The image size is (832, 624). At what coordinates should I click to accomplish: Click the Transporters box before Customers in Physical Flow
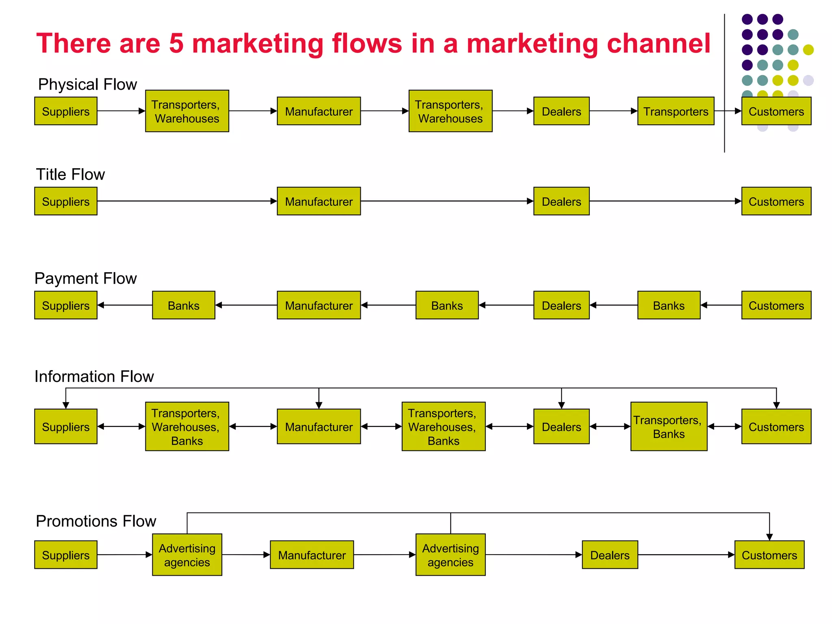[676, 111]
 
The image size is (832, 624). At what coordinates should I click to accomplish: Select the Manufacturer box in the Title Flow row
[318, 201]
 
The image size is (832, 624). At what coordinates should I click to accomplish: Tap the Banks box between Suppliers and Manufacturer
[184, 305]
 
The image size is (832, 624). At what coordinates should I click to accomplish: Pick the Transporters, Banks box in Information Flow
[669, 427]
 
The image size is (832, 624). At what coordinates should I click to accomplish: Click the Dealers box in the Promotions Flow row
[610, 555]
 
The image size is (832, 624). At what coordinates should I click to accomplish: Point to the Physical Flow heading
[87, 84]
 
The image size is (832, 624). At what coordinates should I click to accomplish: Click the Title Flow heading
[70, 174]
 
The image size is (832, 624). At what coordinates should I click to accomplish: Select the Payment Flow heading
[85, 278]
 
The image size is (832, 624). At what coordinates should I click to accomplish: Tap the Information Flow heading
[94, 377]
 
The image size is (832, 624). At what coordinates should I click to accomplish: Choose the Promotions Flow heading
[96, 521]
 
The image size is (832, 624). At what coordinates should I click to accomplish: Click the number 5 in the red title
[176, 43]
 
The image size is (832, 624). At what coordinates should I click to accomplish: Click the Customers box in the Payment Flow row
[776, 305]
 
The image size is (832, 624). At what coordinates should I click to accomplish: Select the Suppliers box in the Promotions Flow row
[66, 555]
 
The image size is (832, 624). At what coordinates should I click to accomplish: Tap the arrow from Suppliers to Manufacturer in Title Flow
[187, 201]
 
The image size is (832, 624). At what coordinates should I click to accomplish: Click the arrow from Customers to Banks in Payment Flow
[721, 305]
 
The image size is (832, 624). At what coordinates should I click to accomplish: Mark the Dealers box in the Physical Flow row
[561, 111]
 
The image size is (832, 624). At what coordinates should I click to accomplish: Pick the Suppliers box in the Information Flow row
[66, 427]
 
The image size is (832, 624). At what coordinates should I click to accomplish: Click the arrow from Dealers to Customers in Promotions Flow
[686, 555]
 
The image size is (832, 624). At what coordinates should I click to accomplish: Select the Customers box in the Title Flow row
[776, 201]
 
